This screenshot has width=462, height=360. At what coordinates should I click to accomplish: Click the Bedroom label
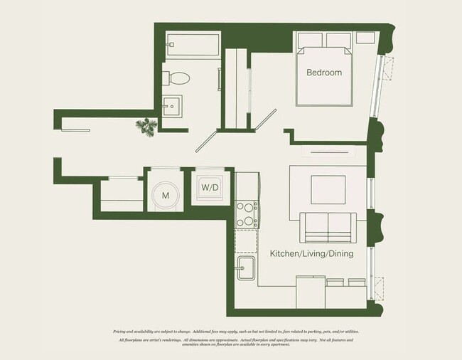[324, 73]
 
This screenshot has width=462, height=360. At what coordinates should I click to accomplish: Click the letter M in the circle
[165, 194]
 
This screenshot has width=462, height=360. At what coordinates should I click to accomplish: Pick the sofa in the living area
[328, 228]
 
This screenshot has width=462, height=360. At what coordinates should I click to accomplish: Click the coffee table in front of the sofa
[328, 189]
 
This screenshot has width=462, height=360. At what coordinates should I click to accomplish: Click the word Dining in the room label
[340, 253]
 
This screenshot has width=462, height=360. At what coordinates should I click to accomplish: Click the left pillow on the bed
[311, 40]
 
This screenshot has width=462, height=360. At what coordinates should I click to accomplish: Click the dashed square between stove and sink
[245, 239]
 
